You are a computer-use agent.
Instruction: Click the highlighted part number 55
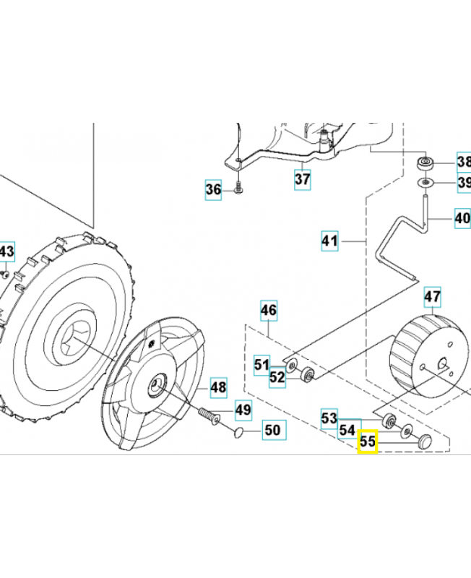pyautogui.click(x=368, y=441)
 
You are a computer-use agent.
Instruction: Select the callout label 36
pyautogui.click(x=213, y=190)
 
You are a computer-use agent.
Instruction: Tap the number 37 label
pyautogui.click(x=303, y=177)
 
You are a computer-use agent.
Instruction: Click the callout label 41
pyautogui.click(x=330, y=240)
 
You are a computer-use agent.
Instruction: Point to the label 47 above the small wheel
pyautogui.click(x=432, y=297)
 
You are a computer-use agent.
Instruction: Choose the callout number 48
pyautogui.click(x=219, y=388)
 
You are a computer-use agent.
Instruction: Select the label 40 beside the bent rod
pyautogui.click(x=462, y=217)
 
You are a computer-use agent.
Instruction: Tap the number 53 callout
pyautogui.click(x=329, y=418)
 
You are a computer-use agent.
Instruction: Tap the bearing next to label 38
pyautogui.click(x=425, y=161)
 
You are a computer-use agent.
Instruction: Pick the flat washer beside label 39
pyautogui.click(x=426, y=182)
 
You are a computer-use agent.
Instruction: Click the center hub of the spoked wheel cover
pyautogui.click(x=155, y=385)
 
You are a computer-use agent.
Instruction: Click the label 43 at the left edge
pyautogui.click(x=7, y=252)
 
